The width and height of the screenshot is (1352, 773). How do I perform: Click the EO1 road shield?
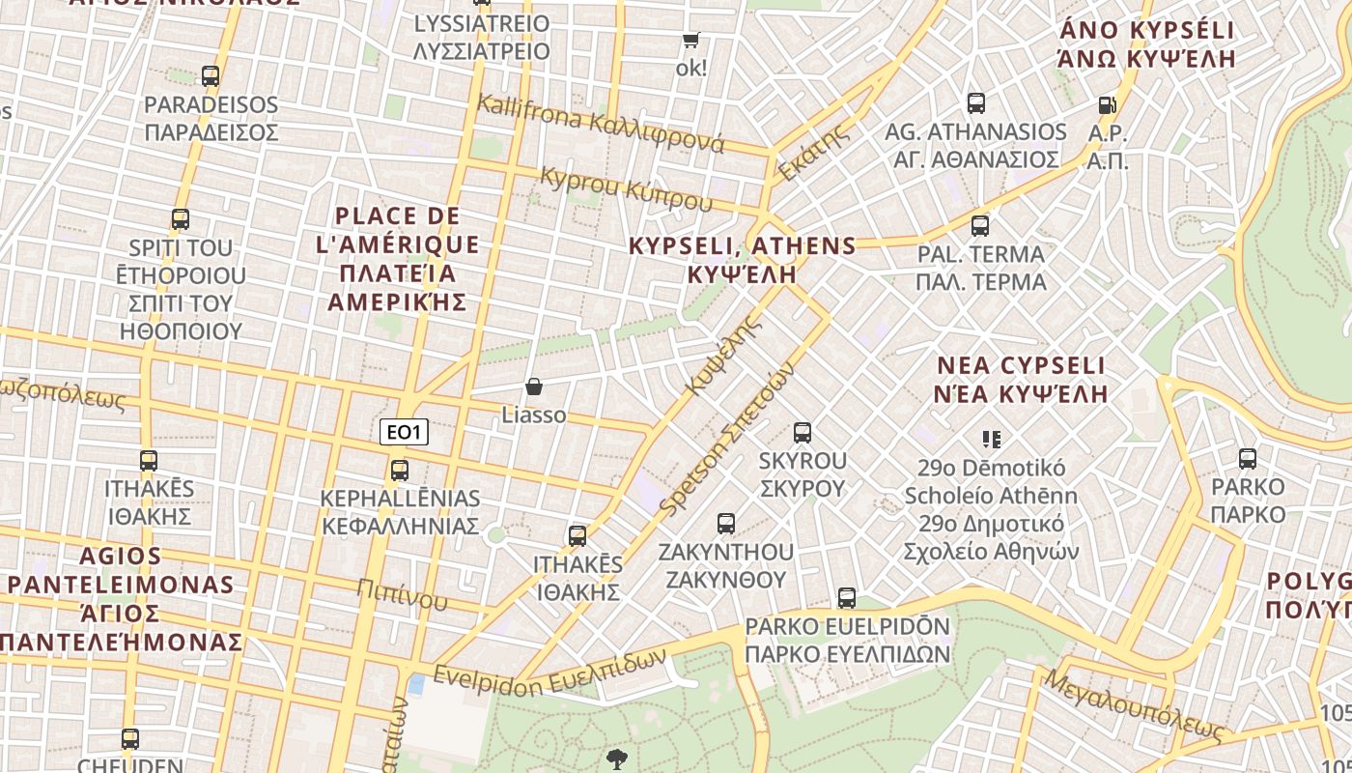pyautogui.click(x=404, y=432)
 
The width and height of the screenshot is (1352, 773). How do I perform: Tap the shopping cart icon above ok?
pyautogui.click(x=690, y=40)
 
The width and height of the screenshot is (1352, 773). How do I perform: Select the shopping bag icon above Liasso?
pyautogui.click(x=533, y=386)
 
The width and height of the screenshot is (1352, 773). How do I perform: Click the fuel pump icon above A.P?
pyautogui.click(x=1107, y=104)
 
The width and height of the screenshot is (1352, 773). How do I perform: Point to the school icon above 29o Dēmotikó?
pyautogui.click(x=991, y=440)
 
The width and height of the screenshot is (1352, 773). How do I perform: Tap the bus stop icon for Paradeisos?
pyautogui.click(x=211, y=75)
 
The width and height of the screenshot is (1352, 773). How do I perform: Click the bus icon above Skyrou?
pyautogui.click(x=802, y=432)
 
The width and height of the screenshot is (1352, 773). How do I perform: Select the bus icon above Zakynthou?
pyautogui.click(x=726, y=524)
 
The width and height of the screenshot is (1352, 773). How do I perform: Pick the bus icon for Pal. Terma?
pyautogui.click(x=980, y=226)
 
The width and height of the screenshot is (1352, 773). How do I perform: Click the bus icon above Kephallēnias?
pyautogui.click(x=399, y=471)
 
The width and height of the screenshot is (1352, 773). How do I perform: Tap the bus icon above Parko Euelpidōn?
pyautogui.click(x=847, y=598)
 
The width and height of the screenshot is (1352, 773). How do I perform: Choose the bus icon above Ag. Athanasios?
pyautogui.click(x=976, y=103)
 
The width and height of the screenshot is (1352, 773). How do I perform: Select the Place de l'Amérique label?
pyautogui.click(x=397, y=258)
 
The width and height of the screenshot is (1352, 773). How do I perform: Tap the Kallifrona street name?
pyautogui.click(x=600, y=125)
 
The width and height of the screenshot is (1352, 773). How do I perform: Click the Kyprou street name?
pyautogui.click(x=626, y=188)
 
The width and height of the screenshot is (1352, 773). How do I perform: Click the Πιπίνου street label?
pyautogui.click(x=402, y=593)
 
